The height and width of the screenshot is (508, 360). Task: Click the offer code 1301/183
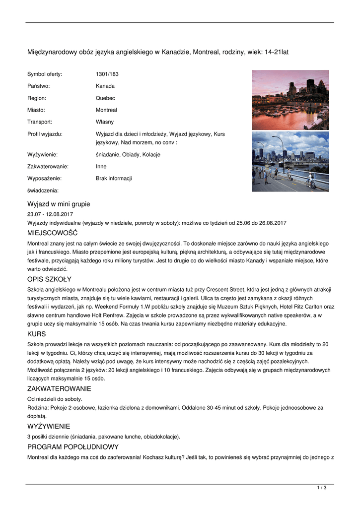click(107, 74)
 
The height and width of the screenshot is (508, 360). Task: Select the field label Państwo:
click(39, 86)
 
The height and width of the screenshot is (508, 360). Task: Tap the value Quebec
click(105, 98)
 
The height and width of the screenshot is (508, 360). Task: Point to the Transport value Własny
click(105, 122)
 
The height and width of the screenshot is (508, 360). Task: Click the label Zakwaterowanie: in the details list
click(48, 167)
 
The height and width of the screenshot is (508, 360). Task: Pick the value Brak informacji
click(114, 179)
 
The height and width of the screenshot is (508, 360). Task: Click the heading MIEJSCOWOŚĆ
click(52, 233)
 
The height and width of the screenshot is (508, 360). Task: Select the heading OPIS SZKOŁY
click(49, 279)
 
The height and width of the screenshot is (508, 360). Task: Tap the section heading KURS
click(37, 334)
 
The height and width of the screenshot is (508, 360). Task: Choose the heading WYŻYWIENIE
click(49, 427)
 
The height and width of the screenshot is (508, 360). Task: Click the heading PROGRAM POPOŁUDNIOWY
click(73, 447)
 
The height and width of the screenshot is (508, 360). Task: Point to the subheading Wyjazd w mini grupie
click(59, 204)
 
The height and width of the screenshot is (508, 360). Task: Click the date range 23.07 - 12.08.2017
click(50, 214)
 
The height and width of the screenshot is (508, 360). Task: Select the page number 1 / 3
click(322, 488)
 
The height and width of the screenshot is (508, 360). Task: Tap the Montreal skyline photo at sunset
click(290, 100)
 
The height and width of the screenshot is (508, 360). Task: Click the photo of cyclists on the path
click(290, 162)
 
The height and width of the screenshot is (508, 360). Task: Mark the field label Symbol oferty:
click(45, 74)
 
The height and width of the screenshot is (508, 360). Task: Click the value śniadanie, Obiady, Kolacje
click(128, 155)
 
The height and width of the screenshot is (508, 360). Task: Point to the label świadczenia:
click(43, 190)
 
